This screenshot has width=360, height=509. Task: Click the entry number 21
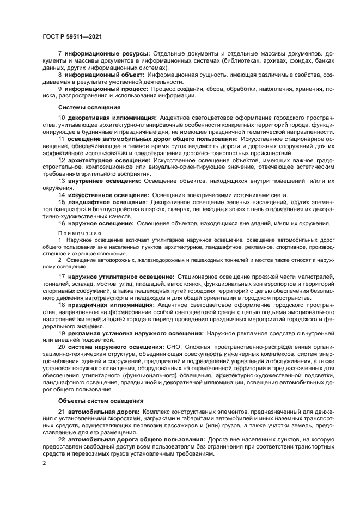[62, 411]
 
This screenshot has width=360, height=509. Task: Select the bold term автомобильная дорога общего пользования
[137, 439]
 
